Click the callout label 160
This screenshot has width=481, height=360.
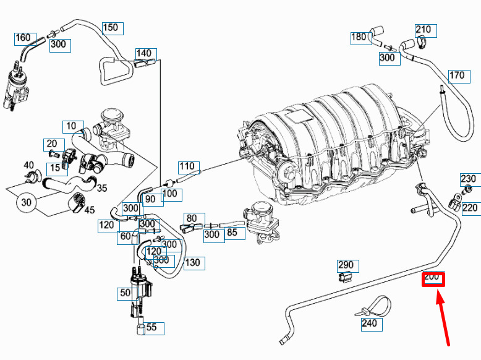click(22, 38)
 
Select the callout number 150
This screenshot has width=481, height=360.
click(110, 28)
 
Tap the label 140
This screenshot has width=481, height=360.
click(143, 53)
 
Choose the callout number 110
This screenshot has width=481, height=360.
click(187, 166)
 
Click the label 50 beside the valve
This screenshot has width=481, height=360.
click(126, 293)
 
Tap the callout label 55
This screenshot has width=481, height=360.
click(151, 327)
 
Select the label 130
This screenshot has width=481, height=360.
click(192, 263)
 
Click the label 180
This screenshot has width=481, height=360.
click(359, 37)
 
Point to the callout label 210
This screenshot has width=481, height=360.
click(423, 30)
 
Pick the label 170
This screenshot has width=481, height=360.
click(456, 76)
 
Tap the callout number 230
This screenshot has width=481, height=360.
click(468, 179)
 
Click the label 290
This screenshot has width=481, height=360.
click(345, 266)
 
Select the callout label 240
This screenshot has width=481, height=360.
click(368, 322)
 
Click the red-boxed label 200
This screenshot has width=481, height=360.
click(432, 278)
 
